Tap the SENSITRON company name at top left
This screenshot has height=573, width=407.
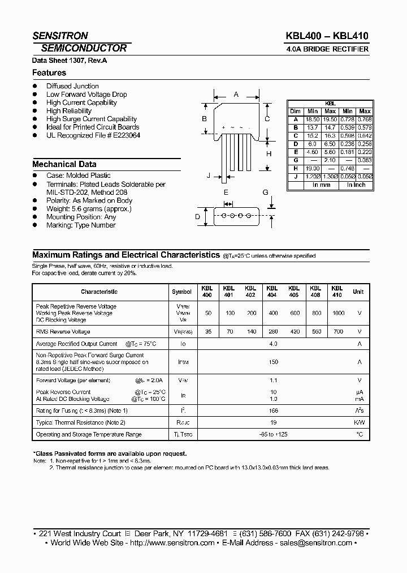point(60,36)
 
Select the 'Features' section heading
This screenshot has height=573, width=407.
point(49,73)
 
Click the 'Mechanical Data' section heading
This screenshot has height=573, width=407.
point(64,164)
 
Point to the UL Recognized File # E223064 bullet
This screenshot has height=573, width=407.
point(93,135)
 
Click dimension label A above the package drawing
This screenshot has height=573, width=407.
point(236,95)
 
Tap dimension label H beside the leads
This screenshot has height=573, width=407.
point(269,154)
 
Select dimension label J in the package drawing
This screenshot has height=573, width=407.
point(209,176)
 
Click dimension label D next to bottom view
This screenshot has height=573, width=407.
point(198,216)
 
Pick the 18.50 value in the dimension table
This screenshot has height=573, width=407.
point(313,119)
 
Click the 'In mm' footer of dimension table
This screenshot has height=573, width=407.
point(321,185)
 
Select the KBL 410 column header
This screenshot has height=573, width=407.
point(337,292)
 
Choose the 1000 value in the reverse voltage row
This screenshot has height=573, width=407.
point(338,313)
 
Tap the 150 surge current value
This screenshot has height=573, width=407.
point(273,362)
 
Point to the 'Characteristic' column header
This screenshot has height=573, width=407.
point(99,292)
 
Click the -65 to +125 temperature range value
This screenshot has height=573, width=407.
point(273,434)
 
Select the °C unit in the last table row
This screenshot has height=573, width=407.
point(358,434)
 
